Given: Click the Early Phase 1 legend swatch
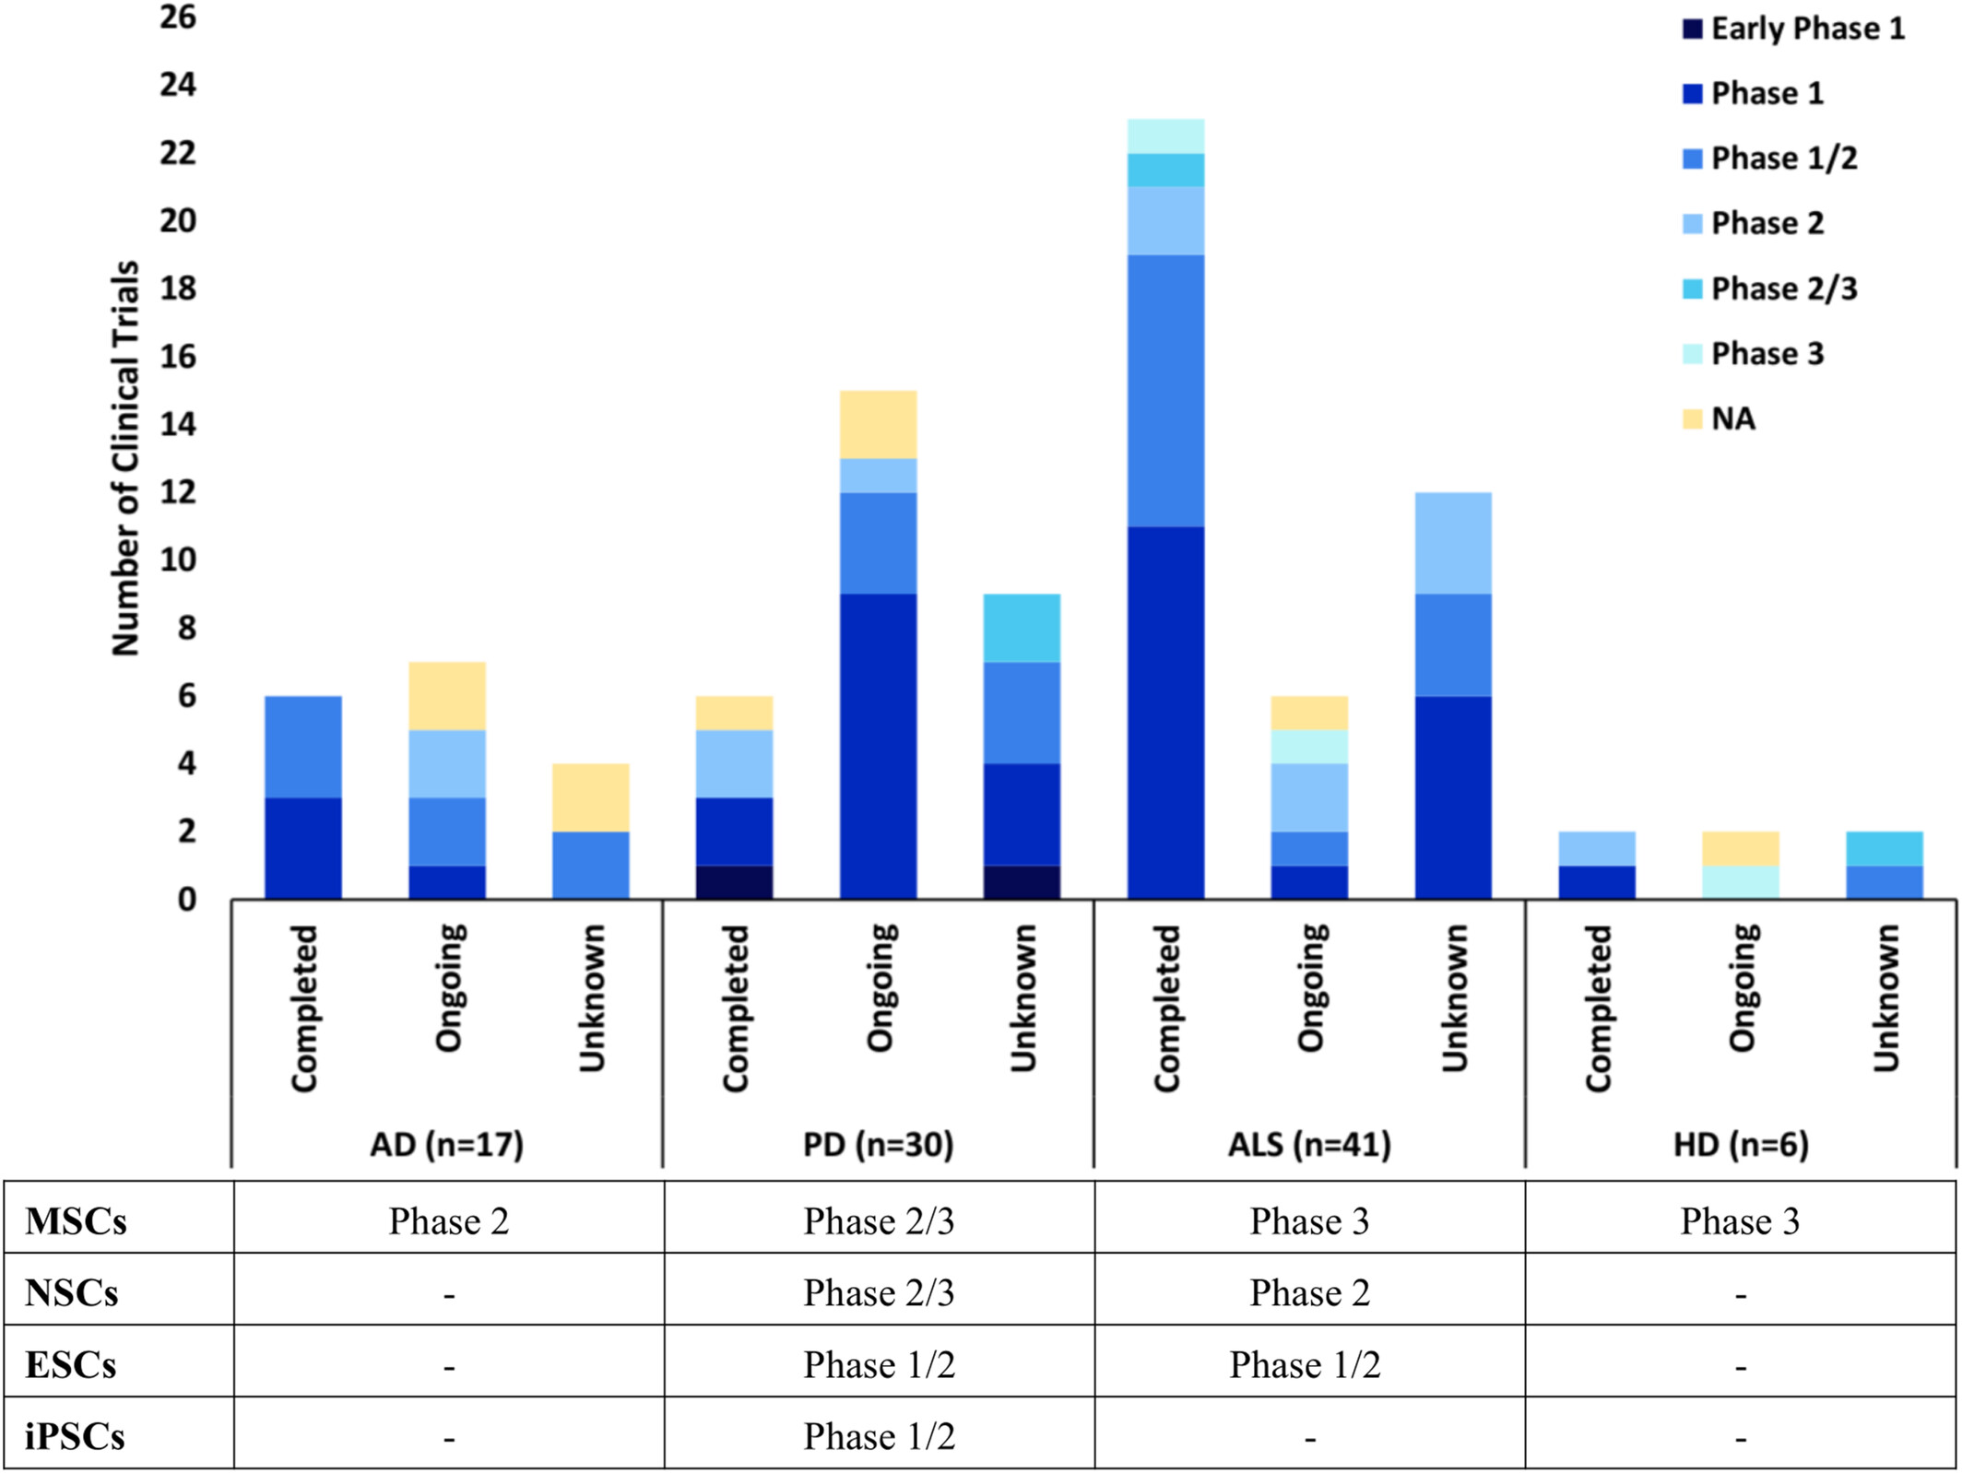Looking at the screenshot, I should pos(1692,29).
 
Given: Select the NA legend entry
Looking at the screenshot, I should pos(1732,419).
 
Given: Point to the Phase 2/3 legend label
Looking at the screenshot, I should pos(1783,289).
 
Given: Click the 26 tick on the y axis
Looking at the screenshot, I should pos(178,17).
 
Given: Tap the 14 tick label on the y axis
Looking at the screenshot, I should pos(178,424).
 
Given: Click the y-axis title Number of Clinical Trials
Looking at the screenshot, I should pos(125,458).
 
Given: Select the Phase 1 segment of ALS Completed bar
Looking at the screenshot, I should pos(1165,713).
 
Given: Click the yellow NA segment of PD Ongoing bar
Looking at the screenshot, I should pos(878,424).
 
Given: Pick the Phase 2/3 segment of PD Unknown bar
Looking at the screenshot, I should pos(1022,628).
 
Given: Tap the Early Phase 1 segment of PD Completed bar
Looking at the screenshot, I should pos(734,882).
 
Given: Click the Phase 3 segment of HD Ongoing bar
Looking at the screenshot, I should pos(1741,882).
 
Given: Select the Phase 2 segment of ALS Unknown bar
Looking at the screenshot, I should pos(1453,543).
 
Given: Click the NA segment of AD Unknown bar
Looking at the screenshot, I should pos(590,797).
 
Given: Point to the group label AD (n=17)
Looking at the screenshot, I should pos(447,1144).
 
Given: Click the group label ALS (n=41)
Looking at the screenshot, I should pos(1309,1144).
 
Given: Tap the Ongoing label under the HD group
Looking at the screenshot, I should pos(1741,987).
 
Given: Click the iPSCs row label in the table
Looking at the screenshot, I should pos(75,1435).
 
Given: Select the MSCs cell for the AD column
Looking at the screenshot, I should pos(448,1220).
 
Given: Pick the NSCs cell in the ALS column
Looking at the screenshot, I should pos(1309,1292).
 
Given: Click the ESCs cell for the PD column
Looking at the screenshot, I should pos(879,1364).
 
